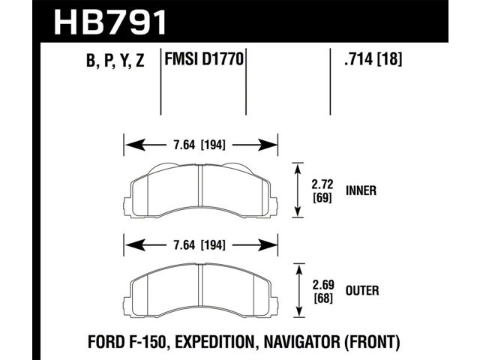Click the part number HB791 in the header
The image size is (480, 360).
coord(110,22)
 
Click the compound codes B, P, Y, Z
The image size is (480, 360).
coord(115,60)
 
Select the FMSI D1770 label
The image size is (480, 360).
coord(204,58)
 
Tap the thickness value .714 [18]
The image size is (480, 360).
coord(373,58)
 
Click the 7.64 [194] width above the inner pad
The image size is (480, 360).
coord(199,145)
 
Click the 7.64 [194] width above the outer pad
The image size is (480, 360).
coord(199,245)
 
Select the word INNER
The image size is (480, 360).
coord(361,190)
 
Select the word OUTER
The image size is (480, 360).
coord(362,290)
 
